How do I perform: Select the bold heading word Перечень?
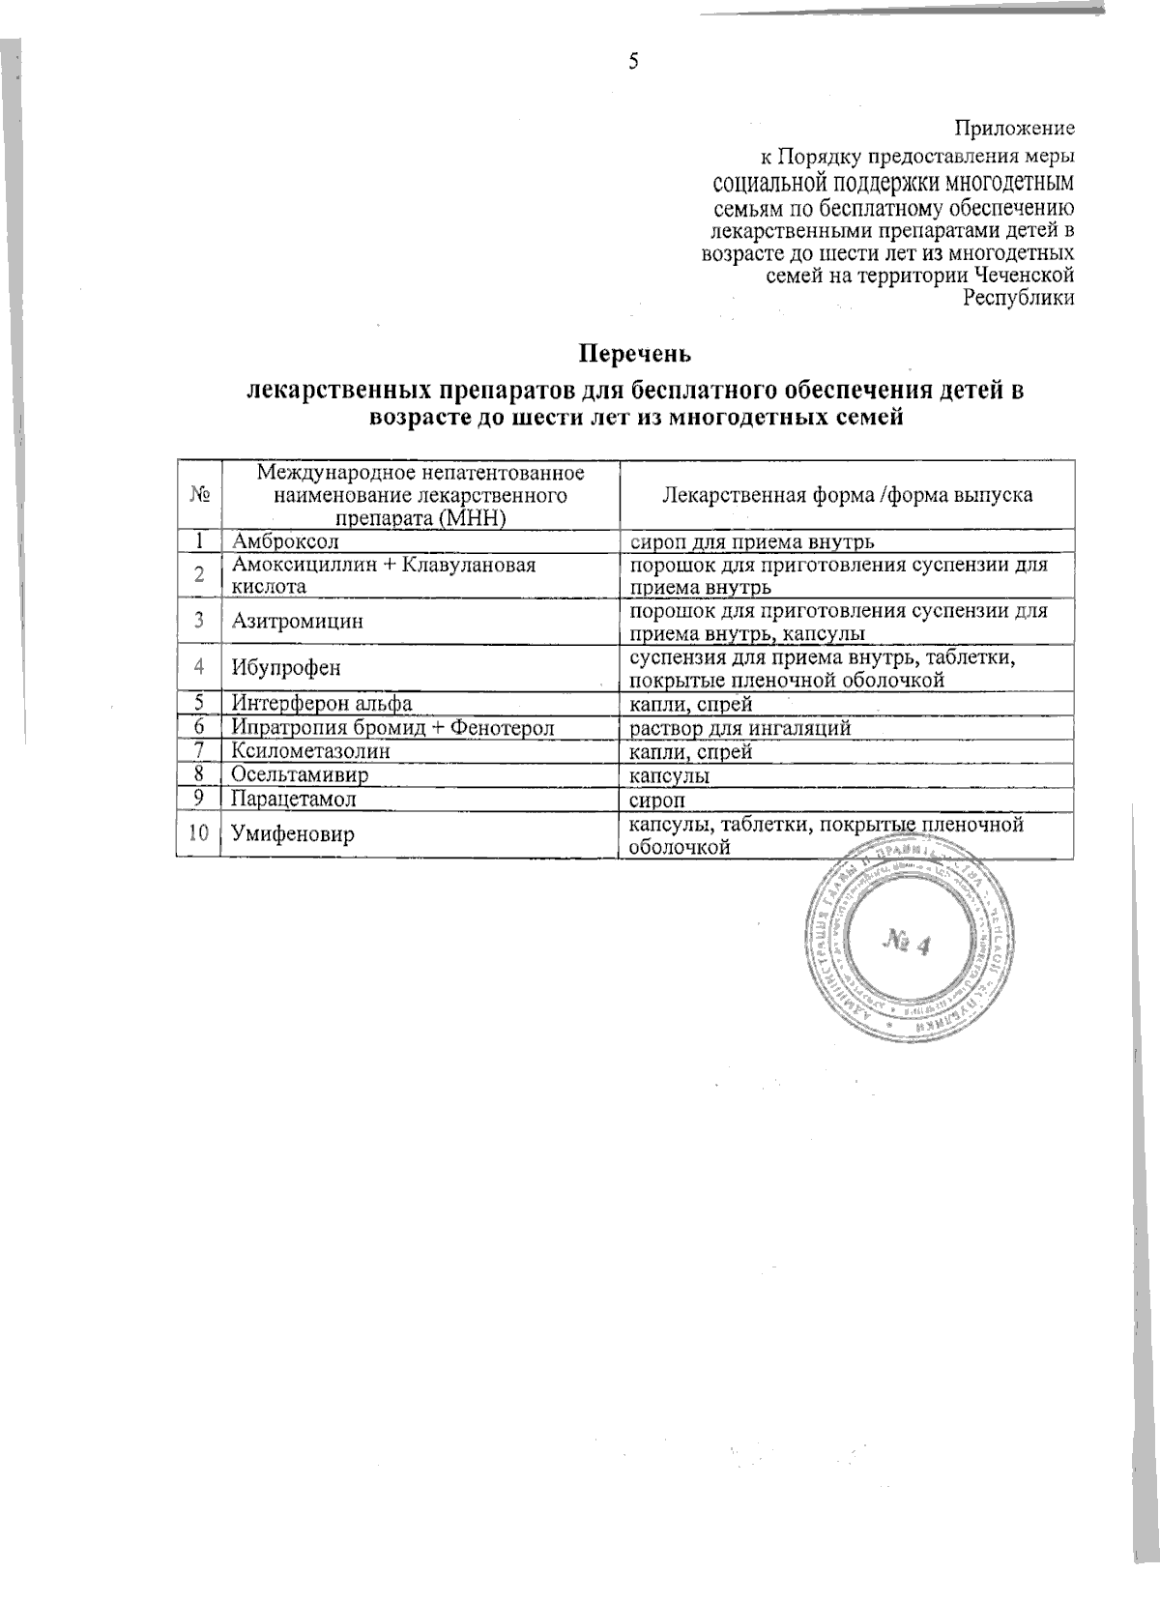(635, 353)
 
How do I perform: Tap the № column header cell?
(200, 495)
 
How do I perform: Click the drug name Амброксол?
(285, 541)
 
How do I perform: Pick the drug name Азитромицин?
(298, 622)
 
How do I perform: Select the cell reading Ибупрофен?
(286, 668)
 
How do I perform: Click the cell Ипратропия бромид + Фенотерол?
(392, 728)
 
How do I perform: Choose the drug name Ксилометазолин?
(310, 751)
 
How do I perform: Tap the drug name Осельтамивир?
(299, 775)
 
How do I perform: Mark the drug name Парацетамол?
(294, 800)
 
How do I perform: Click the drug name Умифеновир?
(293, 834)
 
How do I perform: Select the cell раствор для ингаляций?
(740, 728)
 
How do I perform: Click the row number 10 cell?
(199, 833)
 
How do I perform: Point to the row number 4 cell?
(199, 668)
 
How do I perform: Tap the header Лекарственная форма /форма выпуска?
(847, 495)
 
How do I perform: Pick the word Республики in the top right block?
(1019, 299)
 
